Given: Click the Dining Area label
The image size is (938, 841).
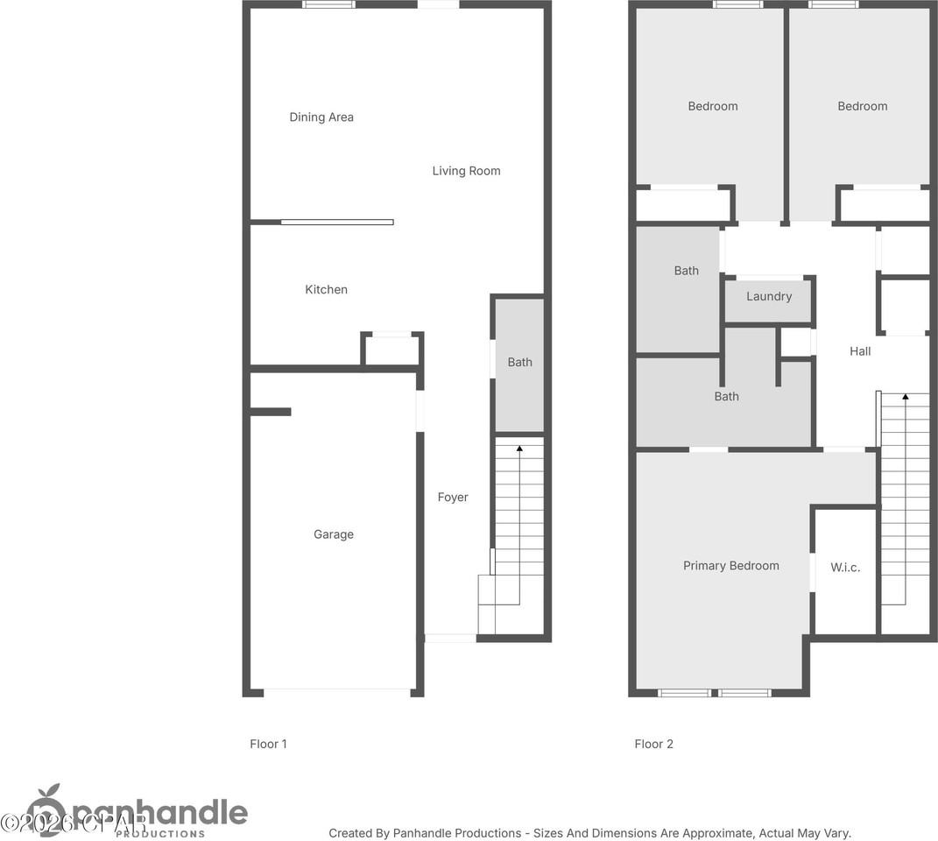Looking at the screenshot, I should click(321, 117).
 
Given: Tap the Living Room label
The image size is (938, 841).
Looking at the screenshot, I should click(466, 171).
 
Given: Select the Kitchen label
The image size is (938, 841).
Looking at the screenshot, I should click(326, 290).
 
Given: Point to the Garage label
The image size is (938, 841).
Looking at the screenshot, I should click(334, 534).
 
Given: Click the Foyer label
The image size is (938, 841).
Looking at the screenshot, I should click(453, 498).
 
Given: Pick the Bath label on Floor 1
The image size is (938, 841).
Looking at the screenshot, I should click(519, 362).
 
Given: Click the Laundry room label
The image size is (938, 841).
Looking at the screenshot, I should click(769, 297).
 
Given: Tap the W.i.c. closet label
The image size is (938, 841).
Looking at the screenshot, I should click(845, 568).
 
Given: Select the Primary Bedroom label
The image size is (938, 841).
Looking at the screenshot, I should click(730, 566).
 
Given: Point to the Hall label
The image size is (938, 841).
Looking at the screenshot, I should click(860, 351).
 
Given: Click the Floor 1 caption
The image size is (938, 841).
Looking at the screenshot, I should click(268, 745).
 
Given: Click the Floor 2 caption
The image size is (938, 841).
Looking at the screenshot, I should click(653, 745).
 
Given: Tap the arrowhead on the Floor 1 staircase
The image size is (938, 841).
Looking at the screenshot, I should click(519, 449).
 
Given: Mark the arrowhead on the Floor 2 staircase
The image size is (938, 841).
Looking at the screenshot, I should click(905, 398).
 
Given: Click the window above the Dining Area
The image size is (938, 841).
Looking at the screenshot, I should click(329, 4).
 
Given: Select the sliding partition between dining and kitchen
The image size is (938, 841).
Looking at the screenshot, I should click(337, 222).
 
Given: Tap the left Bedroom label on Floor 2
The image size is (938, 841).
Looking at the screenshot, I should click(712, 107).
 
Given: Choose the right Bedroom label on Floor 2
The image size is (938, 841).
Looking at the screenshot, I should click(862, 107).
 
